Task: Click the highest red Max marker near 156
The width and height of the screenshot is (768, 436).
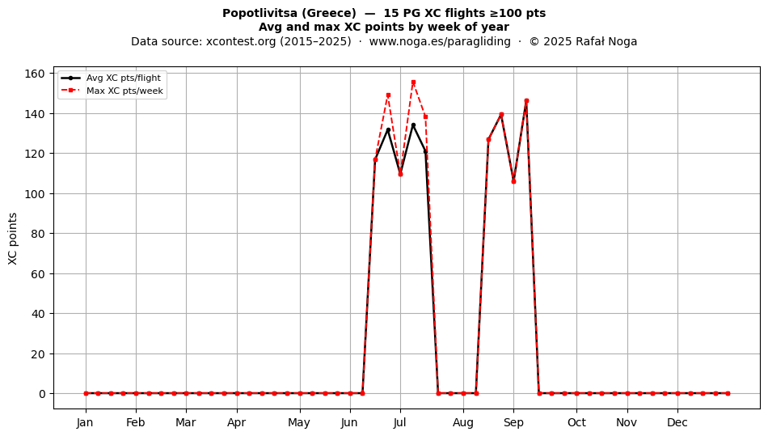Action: click(413, 83)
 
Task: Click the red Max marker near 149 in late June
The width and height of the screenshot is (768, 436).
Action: click(388, 95)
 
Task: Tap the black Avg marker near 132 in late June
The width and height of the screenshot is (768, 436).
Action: click(388, 129)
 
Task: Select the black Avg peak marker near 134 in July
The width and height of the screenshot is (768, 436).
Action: click(413, 125)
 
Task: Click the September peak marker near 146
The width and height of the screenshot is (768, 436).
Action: click(526, 101)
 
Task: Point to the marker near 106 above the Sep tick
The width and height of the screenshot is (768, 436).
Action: click(514, 181)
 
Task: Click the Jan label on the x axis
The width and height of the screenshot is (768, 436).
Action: click(85, 422)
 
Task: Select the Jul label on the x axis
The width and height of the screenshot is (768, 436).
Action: click(399, 422)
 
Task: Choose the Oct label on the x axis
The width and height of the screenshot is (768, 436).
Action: click(576, 422)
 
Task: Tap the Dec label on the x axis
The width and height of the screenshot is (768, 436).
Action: click(677, 422)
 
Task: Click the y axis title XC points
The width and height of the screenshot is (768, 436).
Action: click(13, 239)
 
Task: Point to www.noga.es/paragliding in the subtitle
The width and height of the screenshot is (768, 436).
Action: click(440, 41)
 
